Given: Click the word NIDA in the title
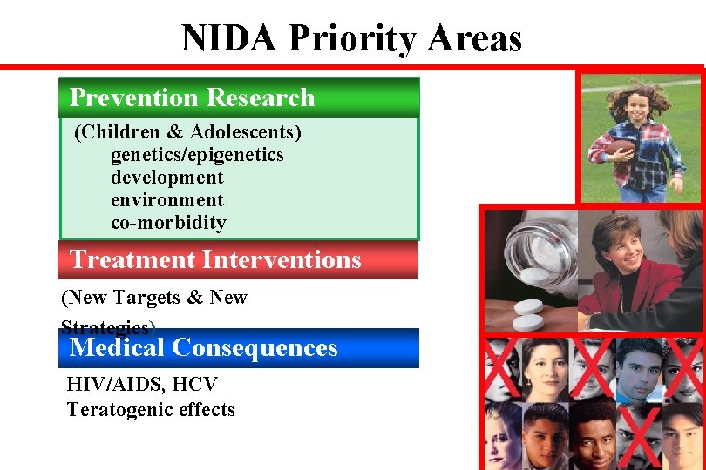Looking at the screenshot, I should click(229, 39).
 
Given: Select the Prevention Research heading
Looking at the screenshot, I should click(192, 97).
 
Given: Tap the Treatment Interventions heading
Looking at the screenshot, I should click(215, 259).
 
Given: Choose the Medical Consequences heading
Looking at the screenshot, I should click(203, 348).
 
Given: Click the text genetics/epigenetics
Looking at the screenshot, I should click(197, 155).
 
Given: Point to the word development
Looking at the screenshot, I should click(166, 178).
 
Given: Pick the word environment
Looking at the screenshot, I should click(166, 200).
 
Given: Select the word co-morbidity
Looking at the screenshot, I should click(168, 223).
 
